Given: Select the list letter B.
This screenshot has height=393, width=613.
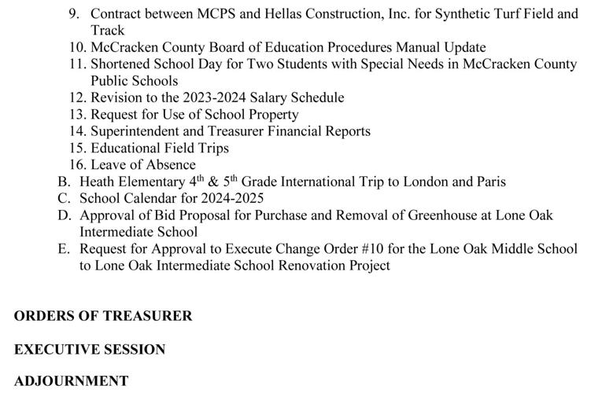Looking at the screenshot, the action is coord(63,182).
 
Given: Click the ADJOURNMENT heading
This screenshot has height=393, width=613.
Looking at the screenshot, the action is coord(71,381).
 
